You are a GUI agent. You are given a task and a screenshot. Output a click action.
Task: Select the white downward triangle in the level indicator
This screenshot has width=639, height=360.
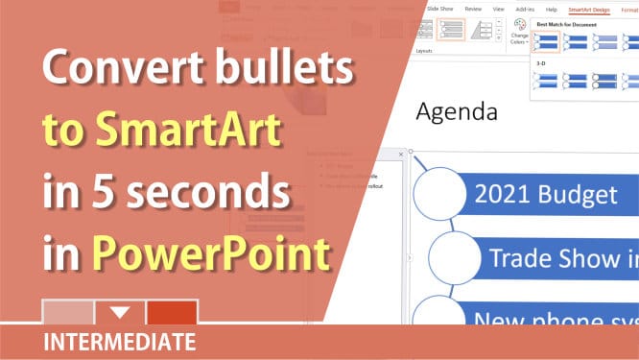[120, 312]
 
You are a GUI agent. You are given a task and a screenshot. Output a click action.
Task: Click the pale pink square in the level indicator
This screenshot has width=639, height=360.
[68, 312]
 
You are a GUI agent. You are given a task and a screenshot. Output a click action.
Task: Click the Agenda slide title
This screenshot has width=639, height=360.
[456, 112]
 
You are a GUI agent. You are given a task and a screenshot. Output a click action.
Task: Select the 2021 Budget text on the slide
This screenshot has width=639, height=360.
[545, 195]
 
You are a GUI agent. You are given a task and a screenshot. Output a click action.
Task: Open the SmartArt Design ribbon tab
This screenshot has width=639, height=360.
[589, 9]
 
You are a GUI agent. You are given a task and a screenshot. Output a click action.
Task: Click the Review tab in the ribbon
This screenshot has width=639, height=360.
[473, 9]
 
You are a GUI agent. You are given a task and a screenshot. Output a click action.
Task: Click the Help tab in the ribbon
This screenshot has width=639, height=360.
[551, 9]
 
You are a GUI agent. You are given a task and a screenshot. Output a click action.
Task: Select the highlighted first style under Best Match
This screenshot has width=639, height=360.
[547, 41]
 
